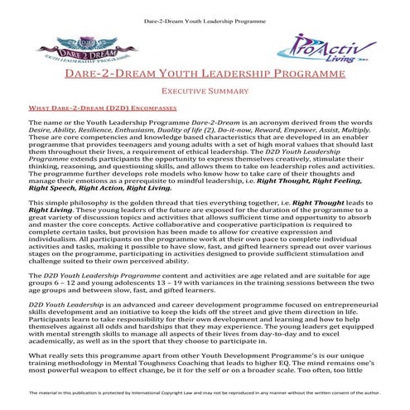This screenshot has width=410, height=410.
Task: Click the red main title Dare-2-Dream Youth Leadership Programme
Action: coord(205,77)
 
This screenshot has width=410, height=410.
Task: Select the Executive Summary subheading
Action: coord(205,94)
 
